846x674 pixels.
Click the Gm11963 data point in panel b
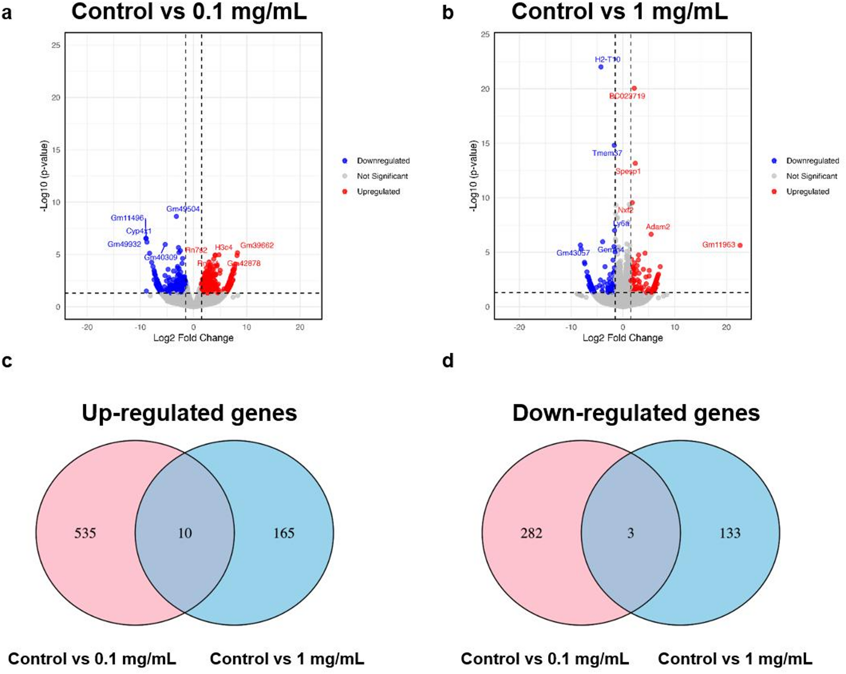point(740,245)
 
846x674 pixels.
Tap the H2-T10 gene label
point(607,59)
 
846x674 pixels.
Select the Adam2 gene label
point(657,227)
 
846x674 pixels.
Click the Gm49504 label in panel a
point(183,209)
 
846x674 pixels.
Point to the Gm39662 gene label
point(257,245)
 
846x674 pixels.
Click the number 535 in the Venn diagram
point(85,533)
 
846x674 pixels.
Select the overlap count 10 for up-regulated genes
point(185,533)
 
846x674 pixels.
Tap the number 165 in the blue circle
point(284,533)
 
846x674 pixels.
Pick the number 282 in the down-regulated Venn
point(531,533)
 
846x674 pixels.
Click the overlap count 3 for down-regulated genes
point(630,533)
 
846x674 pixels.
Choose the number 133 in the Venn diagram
point(730,533)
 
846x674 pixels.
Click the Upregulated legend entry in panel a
point(378,191)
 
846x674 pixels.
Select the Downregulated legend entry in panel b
point(812,161)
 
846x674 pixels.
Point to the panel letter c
point(7,361)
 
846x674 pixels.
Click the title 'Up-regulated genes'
point(189,413)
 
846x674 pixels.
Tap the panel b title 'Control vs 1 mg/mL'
point(619,11)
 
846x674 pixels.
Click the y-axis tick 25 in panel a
point(56,45)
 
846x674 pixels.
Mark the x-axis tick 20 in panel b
point(726,327)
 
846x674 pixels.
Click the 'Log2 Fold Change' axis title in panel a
point(193,338)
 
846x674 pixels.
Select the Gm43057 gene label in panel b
point(573,253)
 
